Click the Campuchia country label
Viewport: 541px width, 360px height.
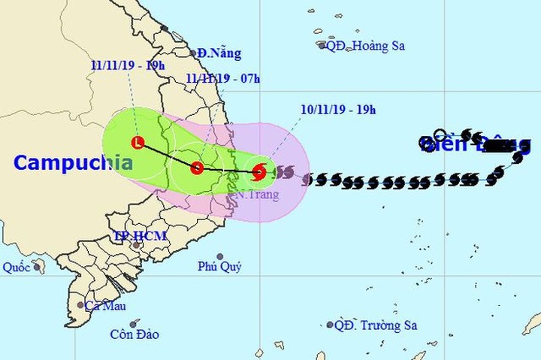click(73, 162)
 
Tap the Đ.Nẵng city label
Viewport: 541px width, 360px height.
click(220, 53)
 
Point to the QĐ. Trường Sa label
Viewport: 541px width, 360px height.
click(376, 325)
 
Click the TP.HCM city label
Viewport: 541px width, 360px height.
click(140, 236)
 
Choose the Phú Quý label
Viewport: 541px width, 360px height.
click(219, 267)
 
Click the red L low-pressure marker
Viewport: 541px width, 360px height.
click(138, 142)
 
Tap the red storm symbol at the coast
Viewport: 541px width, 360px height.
click(258, 172)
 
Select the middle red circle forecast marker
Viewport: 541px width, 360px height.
click(197, 168)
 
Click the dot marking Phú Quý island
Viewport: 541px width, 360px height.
click(220, 256)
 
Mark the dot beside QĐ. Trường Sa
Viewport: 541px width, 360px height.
click(329, 325)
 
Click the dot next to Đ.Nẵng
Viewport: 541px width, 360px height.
click(193, 53)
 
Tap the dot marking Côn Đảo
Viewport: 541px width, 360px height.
click(135, 323)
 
